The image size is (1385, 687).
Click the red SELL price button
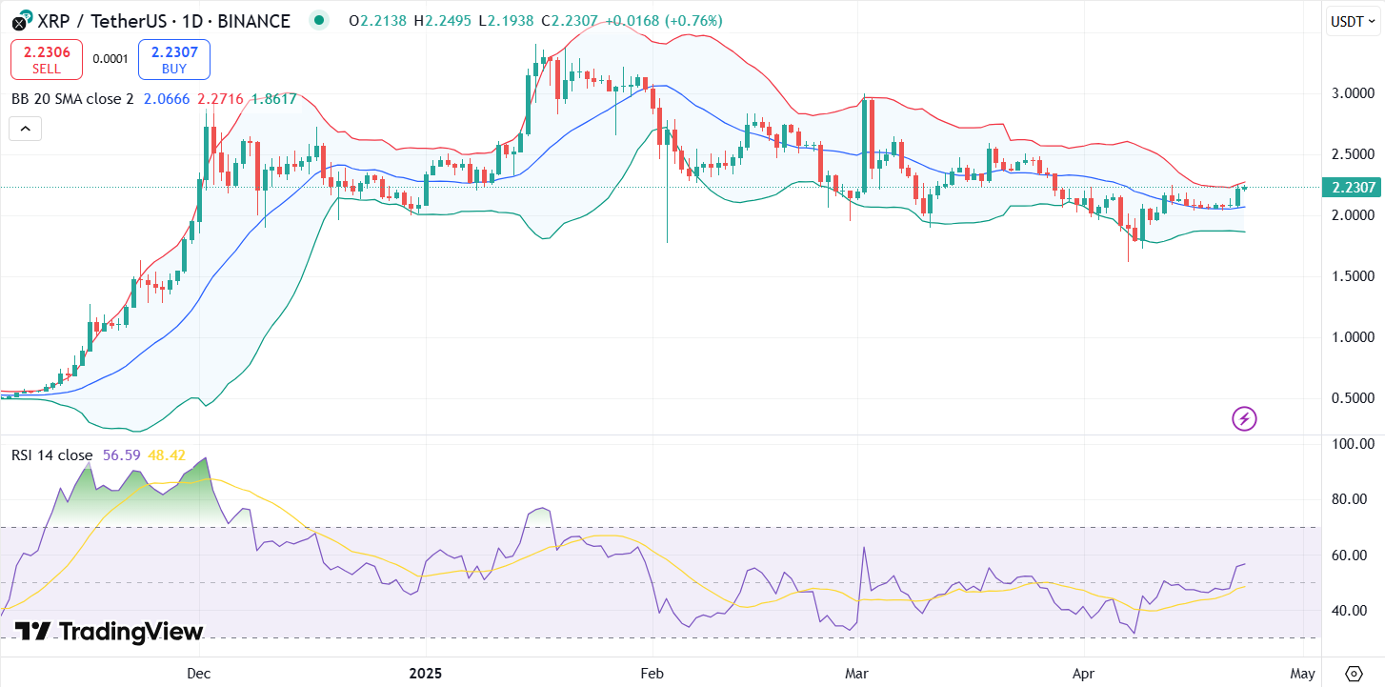(47, 59)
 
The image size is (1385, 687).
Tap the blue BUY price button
(173, 59)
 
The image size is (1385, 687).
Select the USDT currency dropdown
(1352, 21)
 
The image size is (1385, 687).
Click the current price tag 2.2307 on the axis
(1353, 188)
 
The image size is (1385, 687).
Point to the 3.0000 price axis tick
(1353, 93)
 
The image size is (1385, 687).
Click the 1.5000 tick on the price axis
(1353, 276)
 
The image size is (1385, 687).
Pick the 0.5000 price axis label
(1353, 398)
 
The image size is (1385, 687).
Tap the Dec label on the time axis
(198, 674)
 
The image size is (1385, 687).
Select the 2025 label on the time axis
(426, 674)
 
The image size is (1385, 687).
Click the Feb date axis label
(652, 674)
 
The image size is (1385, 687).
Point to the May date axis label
(1304, 674)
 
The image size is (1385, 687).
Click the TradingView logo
(109, 632)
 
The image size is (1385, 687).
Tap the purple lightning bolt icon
(1244, 417)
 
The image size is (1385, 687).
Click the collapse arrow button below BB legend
(26, 129)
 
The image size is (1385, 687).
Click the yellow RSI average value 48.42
(167, 455)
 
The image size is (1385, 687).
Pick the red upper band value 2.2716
(220, 98)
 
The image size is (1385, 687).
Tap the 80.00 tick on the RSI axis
(1353, 499)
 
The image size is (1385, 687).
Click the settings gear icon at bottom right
(1353, 674)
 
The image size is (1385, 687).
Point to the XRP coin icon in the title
(20, 21)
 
